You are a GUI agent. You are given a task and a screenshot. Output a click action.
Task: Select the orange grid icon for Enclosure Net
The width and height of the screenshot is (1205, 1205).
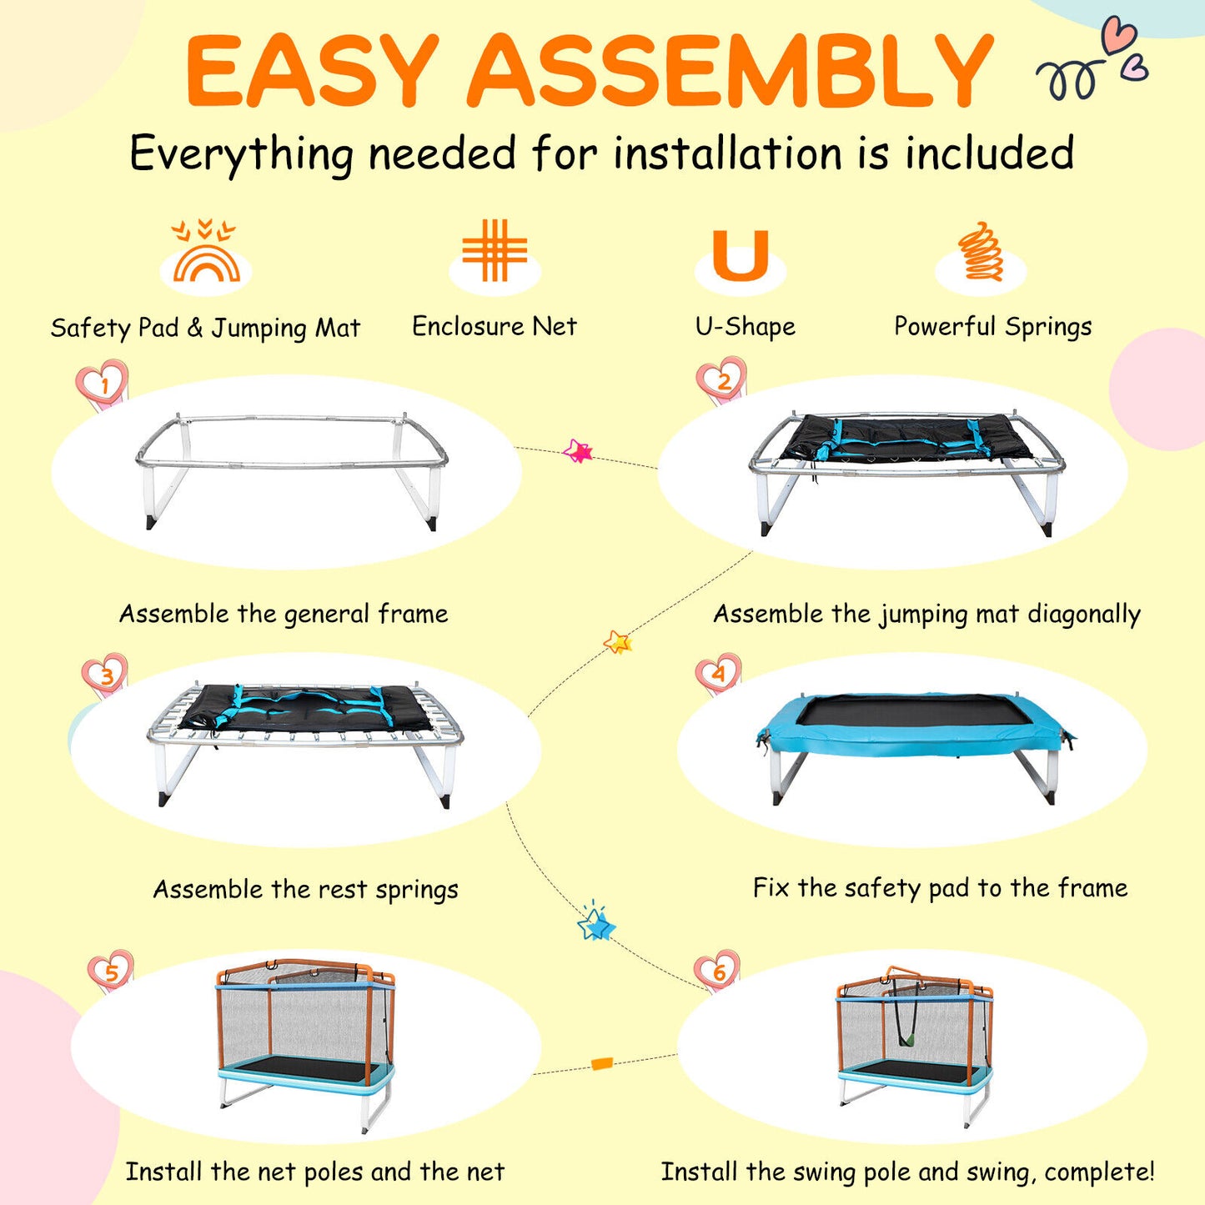tap(494, 250)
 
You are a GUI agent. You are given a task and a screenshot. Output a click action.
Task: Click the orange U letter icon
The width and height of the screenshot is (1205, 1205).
tap(741, 254)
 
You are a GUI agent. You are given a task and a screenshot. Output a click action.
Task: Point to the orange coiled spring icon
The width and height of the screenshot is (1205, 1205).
tap(980, 251)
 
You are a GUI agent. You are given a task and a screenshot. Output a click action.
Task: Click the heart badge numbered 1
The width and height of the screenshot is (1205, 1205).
tap(103, 384)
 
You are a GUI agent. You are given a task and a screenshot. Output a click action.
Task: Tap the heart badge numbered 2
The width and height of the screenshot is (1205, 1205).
tap(723, 380)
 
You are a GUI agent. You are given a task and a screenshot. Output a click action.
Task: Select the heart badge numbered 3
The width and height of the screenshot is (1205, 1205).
tap(105, 676)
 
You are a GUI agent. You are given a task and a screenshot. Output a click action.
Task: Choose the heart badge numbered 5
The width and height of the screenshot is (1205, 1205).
tap(111, 972)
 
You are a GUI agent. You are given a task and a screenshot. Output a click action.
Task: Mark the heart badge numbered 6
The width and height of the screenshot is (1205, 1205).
tap(717, 972)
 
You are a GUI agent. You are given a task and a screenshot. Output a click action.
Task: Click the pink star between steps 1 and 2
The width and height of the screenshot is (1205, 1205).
tap(577, 450)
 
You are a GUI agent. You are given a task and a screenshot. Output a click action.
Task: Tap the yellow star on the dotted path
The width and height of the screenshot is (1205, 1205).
tap(618, 641)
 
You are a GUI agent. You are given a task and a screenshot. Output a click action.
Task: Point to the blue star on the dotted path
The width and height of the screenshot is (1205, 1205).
tap(596, 924)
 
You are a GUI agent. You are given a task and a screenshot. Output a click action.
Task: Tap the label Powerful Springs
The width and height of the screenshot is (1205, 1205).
tap(993, 326)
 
